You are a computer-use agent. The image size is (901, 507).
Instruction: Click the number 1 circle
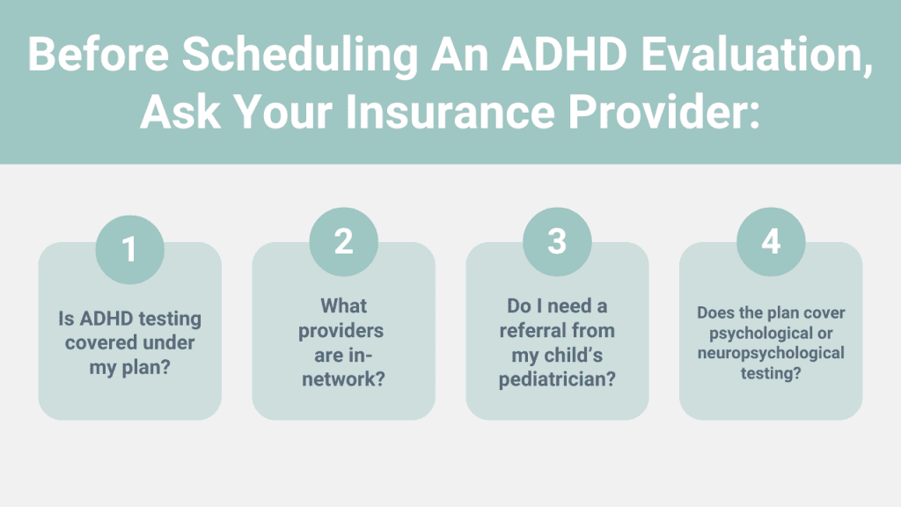click(130, 249)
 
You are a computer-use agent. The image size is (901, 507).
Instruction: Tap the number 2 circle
click(344, 241)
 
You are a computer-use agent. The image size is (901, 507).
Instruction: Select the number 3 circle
click(557, 241)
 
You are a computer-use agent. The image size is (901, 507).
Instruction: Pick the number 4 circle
click(771, 241)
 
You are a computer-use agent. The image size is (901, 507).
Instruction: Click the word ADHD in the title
click(564, 55)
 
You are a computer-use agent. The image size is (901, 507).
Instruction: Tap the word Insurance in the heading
click(450, 112)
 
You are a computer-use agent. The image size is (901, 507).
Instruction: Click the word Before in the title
click(99, 55)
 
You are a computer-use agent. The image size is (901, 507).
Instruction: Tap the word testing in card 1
click(170, 319)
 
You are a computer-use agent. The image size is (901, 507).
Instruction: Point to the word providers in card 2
click(341, 331)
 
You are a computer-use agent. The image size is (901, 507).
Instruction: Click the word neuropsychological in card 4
click(771, 354)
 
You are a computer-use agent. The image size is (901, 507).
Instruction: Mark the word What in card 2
click(344, 305)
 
